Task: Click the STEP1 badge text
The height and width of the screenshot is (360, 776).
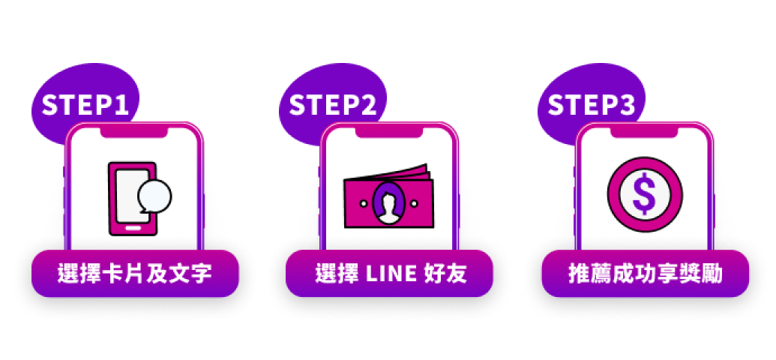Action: (85, 106)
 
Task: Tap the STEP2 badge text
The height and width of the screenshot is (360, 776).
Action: (332, 106)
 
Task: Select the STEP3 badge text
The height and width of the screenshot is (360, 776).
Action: (591, 106)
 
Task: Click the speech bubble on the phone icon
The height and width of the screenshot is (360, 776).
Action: (155, 196)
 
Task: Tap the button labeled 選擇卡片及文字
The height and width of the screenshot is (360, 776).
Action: (135, 274)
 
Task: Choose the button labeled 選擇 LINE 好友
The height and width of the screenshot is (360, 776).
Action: (389, 274)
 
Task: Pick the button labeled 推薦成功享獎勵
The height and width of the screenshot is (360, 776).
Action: (645, 274)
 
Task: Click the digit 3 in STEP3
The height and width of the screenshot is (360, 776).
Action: (628, 106)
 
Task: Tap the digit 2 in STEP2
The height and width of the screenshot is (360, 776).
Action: (369, 106)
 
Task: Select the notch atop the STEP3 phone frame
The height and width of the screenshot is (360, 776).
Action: (645, 132)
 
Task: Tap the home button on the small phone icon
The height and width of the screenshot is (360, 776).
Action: (133, 226)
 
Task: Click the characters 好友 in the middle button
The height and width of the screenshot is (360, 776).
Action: (445, 274)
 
